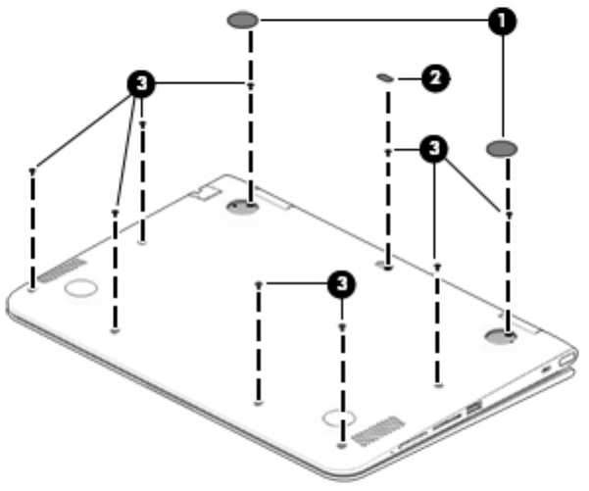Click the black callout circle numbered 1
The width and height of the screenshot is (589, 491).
point(504,21)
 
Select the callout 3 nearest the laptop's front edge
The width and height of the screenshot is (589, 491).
point(338,283)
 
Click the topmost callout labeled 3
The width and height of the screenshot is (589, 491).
point(143,84)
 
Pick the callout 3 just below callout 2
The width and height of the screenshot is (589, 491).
point(433,150)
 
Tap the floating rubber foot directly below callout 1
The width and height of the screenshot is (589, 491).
point(501,148)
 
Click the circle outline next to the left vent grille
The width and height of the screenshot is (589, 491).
point(80,288)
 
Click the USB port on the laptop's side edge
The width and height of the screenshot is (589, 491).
point(474,406)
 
